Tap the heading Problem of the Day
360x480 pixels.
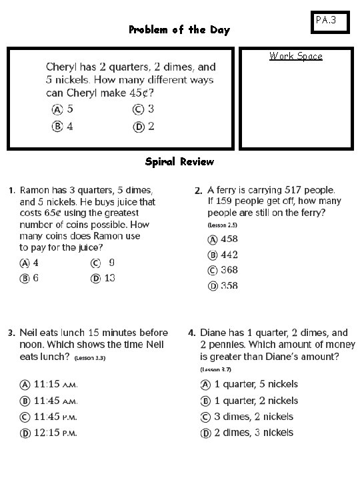point(179,30)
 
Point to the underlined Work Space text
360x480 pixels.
point(295,56)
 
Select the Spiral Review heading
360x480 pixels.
point(179,161)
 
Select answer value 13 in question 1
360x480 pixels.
point(109,277)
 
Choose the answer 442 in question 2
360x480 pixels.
point(229,255)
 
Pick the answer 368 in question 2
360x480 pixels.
point(229,270)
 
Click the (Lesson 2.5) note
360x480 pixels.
point(222,225)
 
